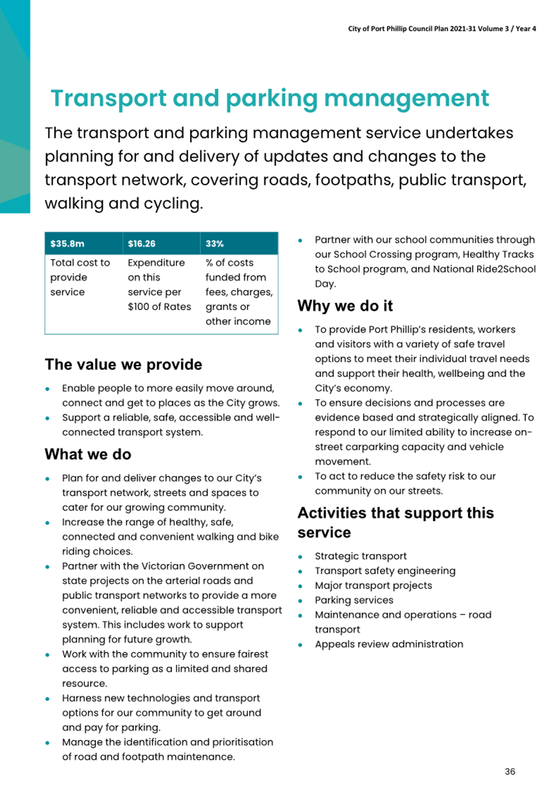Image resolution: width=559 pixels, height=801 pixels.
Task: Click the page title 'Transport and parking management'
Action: [x=270, y=98]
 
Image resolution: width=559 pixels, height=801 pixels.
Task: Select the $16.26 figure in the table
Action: [x=142, y=243]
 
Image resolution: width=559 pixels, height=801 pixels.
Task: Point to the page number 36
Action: [x=510, y=772]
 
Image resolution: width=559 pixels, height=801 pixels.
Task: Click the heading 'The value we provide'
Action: [x=123, y=365]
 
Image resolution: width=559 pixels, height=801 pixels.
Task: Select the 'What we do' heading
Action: [x=88, y=455]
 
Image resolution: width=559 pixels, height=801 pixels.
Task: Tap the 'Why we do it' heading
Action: [x=345, y=306]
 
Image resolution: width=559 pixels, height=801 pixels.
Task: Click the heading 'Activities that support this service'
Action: [x=395, y=522]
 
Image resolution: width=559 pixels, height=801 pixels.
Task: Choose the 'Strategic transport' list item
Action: [x=360, y=556]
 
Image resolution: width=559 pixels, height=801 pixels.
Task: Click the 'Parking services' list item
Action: [x=354, y=600]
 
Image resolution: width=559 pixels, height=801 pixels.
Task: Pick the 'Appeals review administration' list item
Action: [x=389, y=644]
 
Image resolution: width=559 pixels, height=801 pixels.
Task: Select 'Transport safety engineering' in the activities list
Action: [x=385, y=570]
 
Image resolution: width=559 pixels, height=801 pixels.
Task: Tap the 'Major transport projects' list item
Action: [x=373, y=585]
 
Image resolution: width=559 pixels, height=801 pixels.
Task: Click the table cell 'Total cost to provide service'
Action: [x=80, y=277]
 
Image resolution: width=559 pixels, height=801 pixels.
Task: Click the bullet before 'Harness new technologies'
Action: [x=47, y=699]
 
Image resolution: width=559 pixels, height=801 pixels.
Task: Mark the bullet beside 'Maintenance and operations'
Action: [x=300, y=616]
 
